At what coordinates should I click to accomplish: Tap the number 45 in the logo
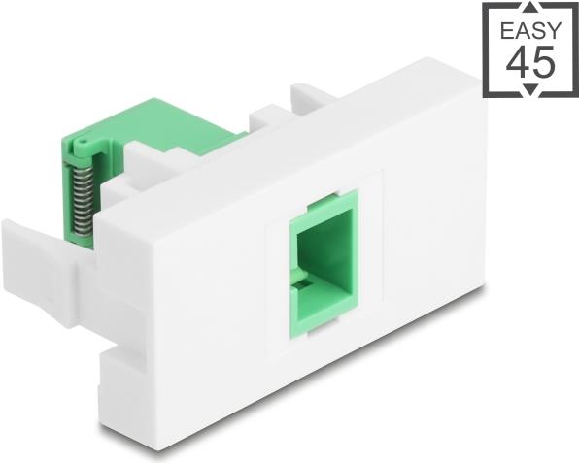529,62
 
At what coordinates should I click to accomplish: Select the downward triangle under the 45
529,90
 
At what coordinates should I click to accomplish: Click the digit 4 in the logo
517,62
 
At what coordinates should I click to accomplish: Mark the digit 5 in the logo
542,62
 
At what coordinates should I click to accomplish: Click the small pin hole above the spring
82,147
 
